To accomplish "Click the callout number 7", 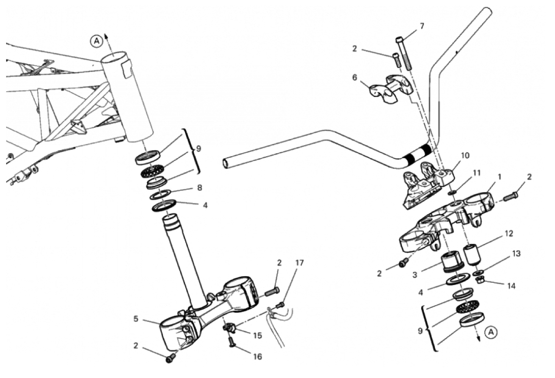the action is (x=422, y=26).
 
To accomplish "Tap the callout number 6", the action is (x=355, y=77).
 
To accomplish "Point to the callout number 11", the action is (x=477, y=173).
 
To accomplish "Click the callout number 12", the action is (x=509, y=234).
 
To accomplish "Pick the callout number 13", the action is (x=516, y=254).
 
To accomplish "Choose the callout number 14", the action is (x=511, y=285).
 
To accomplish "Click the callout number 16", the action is (x=258, y=357).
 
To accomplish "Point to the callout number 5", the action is (x=136, y=319).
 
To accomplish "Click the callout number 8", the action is (x=199, y=188).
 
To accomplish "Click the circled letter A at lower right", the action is (x=491, y=332).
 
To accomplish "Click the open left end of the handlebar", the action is (x=226, y=164).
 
